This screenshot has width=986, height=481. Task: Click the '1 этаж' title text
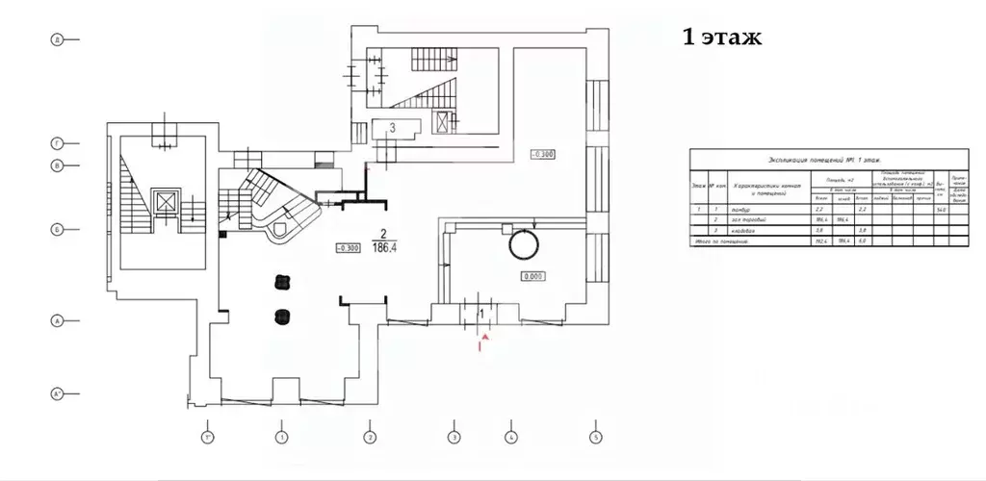click(x=721, y=38)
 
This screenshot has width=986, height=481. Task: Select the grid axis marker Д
click(x=57, y=39)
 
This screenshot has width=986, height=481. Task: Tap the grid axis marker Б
click(x=57, y=230)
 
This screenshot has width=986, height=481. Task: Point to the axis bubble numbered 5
click(x=596, y=438)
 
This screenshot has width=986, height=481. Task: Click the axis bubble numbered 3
click(x=453, y=438)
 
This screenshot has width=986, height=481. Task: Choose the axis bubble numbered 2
click(x=369, y=438)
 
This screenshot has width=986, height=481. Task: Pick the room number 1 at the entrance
click(x=481, y=313)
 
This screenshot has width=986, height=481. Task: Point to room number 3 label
click(x=392, y=127)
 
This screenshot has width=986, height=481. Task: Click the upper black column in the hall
click(x=282, y=282)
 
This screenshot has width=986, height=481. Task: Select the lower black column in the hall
click(x=282, y=316)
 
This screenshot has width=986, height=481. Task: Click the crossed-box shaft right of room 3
click(x=443, y=122)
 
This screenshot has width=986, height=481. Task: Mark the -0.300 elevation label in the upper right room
click(x=542, y=153)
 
